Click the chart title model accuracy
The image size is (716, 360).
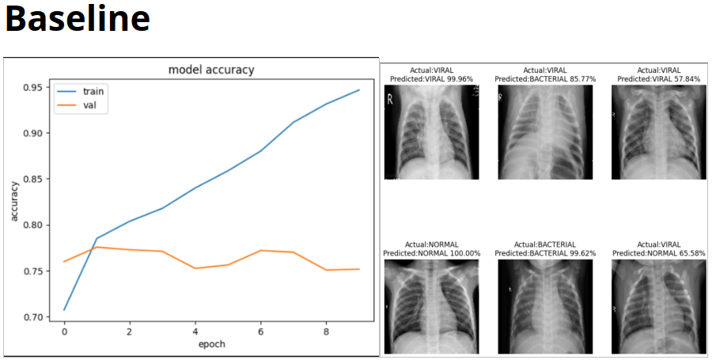[211, 70]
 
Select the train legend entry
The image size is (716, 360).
[93, 91]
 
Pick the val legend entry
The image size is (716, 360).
[90, 104]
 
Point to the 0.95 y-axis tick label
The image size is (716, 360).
[32, 87]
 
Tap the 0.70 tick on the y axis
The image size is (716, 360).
[32, 317]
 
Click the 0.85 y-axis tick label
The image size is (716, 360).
[32, 179]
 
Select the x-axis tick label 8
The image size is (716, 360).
[326, 332]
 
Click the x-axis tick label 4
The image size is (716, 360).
[195, 332]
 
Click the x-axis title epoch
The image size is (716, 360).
[211, 345]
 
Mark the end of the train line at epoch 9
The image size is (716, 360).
[359, 90]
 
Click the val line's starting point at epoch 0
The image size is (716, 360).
[64, 261]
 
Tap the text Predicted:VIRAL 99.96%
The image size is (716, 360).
[431, 79]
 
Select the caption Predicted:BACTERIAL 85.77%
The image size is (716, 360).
[545, 79]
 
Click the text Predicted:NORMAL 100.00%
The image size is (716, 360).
[431, 253]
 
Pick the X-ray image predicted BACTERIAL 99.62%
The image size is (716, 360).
[545, 306]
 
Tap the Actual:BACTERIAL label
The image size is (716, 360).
[545, 244]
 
